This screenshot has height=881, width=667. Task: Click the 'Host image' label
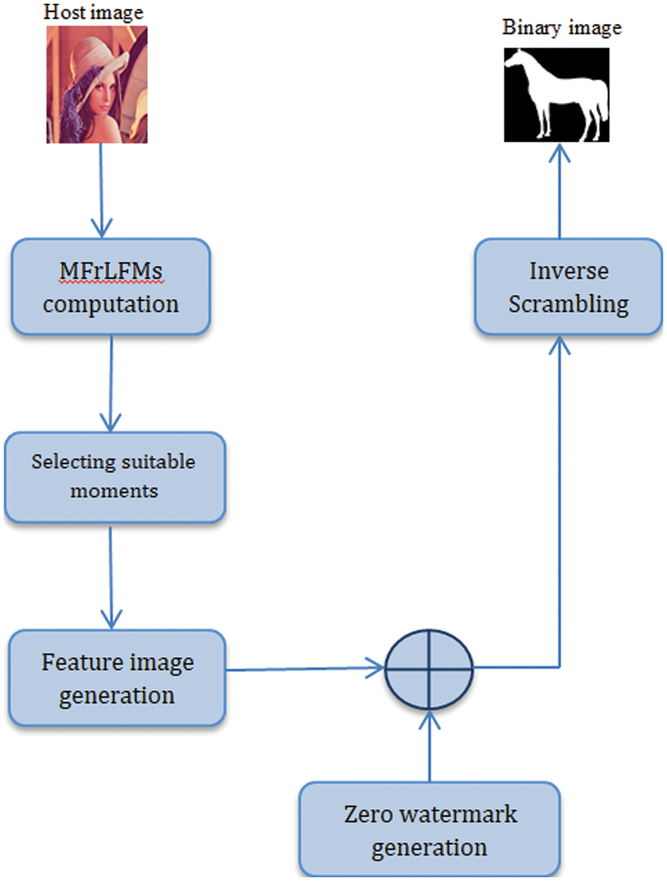click(x=93, y=12)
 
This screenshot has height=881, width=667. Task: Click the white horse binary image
click(x=557, y=95)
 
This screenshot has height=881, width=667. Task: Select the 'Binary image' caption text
click(x=562, y=29)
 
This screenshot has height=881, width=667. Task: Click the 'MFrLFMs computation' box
click(x=110, y=287)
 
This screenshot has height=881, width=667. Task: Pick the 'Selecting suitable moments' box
click(x=113, y=476)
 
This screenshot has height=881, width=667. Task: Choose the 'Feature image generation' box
click(x=116, y=677)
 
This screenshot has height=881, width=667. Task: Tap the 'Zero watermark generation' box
click(x=429, y=830)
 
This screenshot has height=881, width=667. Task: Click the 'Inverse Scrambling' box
click(x=568, y=286)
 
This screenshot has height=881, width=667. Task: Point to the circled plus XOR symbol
click(x=428, y=669)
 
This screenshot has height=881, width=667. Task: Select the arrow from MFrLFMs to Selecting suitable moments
click(x=110, y=382)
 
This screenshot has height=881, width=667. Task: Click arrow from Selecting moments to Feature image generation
click(x=110, y=574)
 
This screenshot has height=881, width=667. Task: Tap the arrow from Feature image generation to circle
click(x=304, y=670)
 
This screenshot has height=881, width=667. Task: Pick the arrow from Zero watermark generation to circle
click(x=429, y=745)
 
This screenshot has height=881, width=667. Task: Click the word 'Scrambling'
click(x=568, y=304)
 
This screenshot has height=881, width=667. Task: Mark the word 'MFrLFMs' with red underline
click(x=111, y=272)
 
